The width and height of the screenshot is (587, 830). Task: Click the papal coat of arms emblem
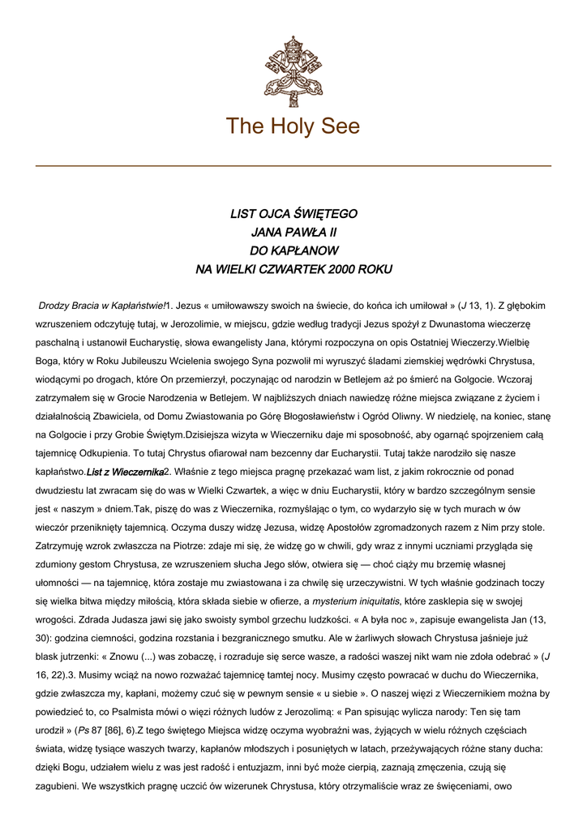pyautogui.click(x=293, y=71)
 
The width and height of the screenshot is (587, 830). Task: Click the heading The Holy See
pyautogui.click(x=293, y=126)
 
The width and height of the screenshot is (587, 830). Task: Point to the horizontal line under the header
pyautogui.click(x=293, y=166)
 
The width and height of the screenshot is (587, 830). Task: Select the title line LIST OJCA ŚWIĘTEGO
pyautogui.click(x=293, y=214)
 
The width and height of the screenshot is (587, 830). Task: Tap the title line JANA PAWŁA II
pyautogui.click(x=293, y=233)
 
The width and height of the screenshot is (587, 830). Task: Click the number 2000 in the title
pyautogui.click(x=344, y=269)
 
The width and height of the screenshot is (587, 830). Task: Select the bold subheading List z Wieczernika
pyautogui.click(x=125, y=472)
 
